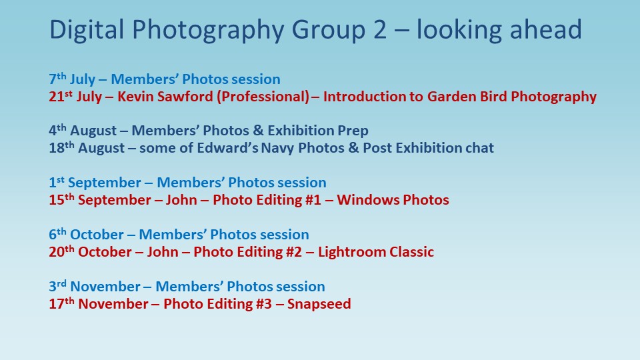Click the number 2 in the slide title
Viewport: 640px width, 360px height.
pyautogui.click(x=379, y=30)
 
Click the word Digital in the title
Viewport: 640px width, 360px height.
pyautogui.click(x=87, y=30)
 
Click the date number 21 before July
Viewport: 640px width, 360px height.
pyautogui.click(x=56, y=97)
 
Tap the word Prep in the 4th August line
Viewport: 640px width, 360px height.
pyautogui.click(x=353, y=131)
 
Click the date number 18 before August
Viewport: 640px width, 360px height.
pyautogui.click(x=56, y=148)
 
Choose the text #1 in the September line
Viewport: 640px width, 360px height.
pyautogui.click(x=313, y=200)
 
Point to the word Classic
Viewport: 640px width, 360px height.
pyautogui.click(x=411, y=252)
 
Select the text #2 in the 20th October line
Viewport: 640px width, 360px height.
pyautogui.click(x=294, y=252)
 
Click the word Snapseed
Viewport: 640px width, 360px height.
pyautogui.click(x=319, y=304)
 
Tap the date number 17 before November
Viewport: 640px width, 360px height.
pyautogui.click(x=56, y=304)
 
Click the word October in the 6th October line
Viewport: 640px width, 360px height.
pyautogui.click(x=97, y=235)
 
